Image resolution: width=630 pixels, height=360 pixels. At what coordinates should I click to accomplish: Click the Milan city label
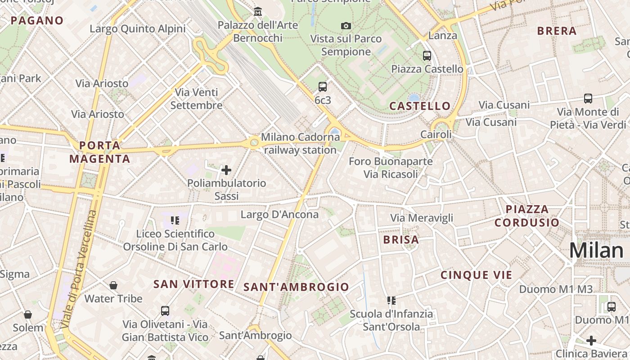tap(596, 251)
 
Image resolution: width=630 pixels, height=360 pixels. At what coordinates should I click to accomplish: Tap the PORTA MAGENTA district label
tap(100, 152)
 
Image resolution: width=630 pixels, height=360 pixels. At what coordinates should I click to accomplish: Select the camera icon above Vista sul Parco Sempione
tap(346, 26)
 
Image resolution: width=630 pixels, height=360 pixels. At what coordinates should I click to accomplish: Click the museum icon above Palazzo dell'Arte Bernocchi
tap(258, 11)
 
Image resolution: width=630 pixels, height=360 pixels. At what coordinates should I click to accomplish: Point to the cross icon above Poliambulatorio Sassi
tap(226, 170)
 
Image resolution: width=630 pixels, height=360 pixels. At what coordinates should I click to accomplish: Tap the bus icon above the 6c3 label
tap(323, 87)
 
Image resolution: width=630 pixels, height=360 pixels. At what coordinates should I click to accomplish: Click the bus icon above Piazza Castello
tap(427, 56)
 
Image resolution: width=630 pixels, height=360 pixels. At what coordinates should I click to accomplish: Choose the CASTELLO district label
tap(420, 106)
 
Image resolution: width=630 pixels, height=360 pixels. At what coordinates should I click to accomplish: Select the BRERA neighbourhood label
tap(557, 31)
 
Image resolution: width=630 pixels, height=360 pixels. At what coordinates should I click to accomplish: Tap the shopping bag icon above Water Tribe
tap(113, 285)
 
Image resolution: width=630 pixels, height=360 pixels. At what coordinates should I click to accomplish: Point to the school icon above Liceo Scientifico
tap(175, 220)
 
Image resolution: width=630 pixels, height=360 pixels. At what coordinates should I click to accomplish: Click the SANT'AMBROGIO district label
tap(296, 287)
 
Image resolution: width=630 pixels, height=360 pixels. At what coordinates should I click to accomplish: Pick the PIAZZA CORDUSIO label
tap(527, 216)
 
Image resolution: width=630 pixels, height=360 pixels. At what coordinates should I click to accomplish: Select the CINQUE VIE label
tap(477, 275)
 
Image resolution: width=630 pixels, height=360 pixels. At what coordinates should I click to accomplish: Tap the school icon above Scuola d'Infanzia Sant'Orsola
tap(391, 300)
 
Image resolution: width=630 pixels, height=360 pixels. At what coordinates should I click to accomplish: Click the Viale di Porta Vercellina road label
tap(79, 269)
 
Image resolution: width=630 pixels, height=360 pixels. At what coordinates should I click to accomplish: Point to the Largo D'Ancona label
tap(279, 214)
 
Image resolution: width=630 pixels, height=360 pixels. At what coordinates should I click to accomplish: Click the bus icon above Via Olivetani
tap(165, 311)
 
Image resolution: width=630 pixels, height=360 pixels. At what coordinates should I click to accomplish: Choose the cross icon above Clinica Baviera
tap(591, 341)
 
